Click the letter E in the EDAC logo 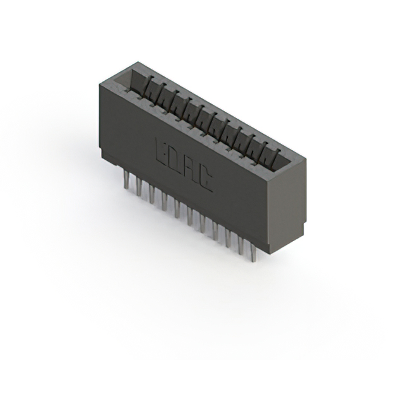162,153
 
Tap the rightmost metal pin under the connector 253,252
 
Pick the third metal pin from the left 151,194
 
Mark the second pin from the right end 241,246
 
